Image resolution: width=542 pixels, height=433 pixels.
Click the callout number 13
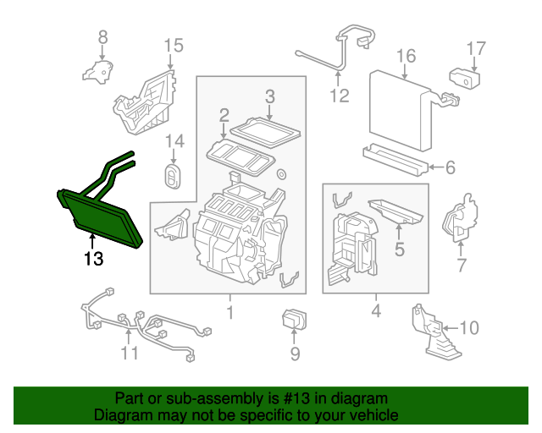tap(94, 258)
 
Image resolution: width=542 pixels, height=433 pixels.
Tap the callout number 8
tap(103, 37)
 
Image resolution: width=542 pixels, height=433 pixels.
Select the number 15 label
tap(173, 46)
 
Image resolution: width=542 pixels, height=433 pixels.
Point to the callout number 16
tap(406, 56)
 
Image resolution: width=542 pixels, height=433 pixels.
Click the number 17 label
tap(476, 49)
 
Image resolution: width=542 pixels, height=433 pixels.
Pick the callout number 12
tap(340, 96)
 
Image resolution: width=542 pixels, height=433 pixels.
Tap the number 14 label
tap(175, 141)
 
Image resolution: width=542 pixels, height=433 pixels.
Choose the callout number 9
tap(295, 354)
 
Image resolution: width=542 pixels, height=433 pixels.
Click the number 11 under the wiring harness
tap(130, 353)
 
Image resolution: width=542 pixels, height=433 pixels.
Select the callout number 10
tap(469, 327)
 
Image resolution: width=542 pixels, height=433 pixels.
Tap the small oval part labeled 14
tap(173, 176)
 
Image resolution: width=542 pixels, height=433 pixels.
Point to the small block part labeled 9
tap(294, 319)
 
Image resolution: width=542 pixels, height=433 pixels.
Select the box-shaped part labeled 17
tap(465, 79)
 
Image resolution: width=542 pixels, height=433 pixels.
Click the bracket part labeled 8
tap(98, 72)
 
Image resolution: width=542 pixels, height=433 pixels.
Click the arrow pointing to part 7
tap(460, 249)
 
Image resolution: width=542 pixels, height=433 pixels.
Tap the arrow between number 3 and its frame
tap(269, 112)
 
